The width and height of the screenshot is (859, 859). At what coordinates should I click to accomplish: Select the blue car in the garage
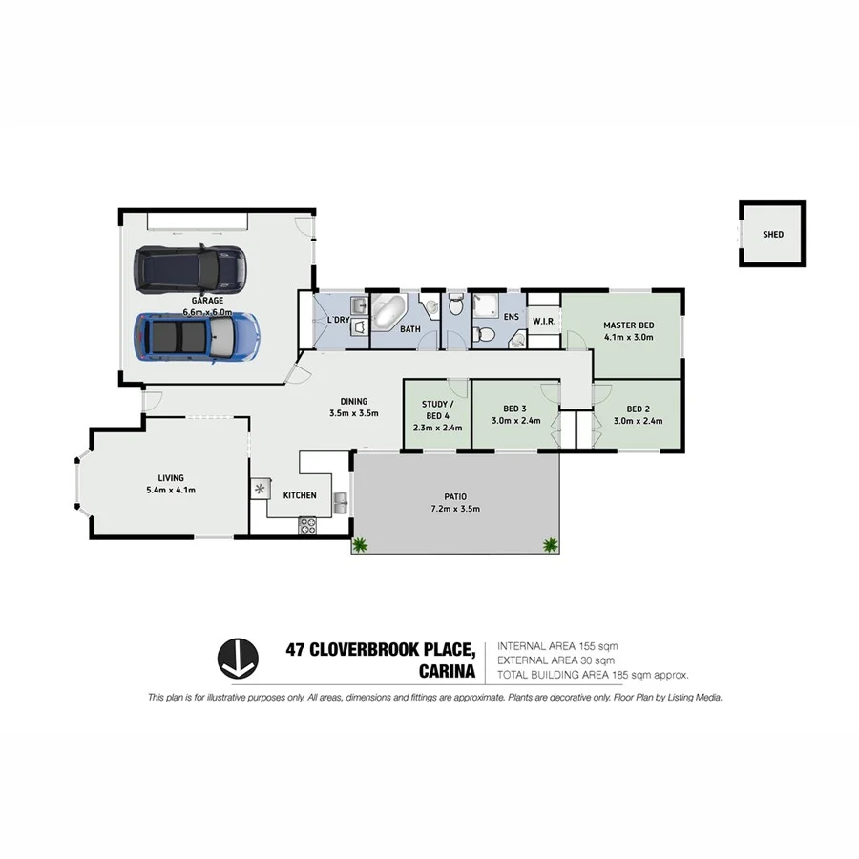coord(196,337)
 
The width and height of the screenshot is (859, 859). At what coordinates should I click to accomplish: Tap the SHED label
coord(772,234)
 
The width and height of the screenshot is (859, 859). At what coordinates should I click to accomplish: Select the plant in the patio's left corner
coord(360,545)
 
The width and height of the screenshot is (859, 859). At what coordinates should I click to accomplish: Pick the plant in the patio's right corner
coord(550,545)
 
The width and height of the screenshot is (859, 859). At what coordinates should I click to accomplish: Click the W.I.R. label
coord(544,320)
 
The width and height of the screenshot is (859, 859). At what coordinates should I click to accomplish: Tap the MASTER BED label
coord(627,325)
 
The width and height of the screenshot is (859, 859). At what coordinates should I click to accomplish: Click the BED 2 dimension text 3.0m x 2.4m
coord(638,420)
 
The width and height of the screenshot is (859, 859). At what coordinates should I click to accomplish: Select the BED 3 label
coord(516,409)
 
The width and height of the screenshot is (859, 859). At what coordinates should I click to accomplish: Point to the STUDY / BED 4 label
coord(437,409)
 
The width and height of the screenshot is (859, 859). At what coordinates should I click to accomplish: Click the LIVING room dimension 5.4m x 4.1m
coord(171,490)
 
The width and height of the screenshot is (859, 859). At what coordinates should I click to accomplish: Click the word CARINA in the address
coord(449,672)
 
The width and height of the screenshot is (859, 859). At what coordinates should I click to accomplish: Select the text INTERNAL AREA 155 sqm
coord(558,646)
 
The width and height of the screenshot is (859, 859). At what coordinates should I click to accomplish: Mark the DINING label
coord(354,401)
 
